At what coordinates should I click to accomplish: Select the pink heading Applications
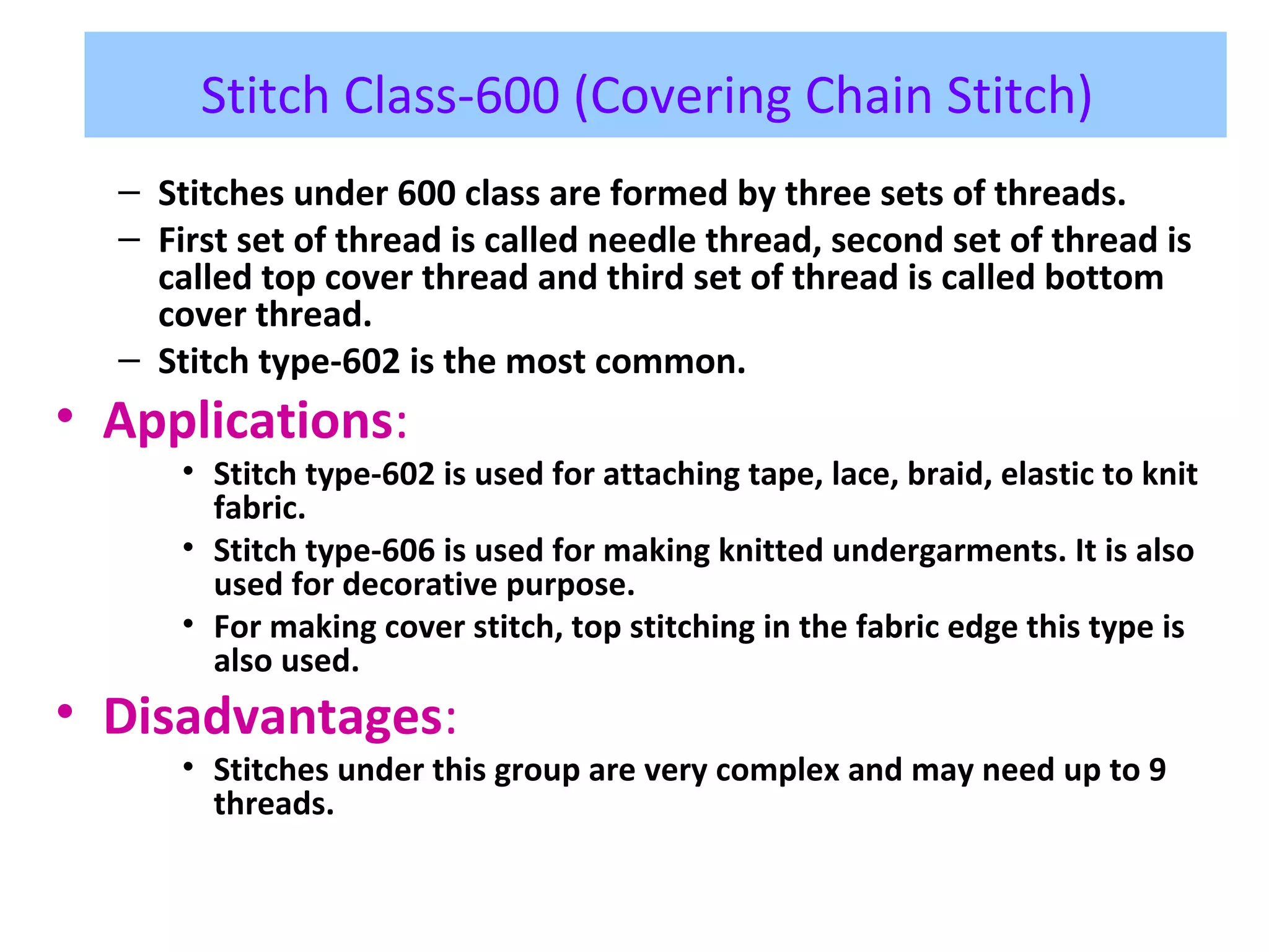coord(248,421)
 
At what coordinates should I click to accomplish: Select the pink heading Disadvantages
coord(273,716)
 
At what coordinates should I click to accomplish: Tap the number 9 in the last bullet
coord(1157,770)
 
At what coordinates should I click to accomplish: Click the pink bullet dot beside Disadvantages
coord(64,712)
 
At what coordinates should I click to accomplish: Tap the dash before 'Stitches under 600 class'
coord(129,193)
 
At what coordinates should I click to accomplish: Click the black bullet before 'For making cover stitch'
coord(189,624)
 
